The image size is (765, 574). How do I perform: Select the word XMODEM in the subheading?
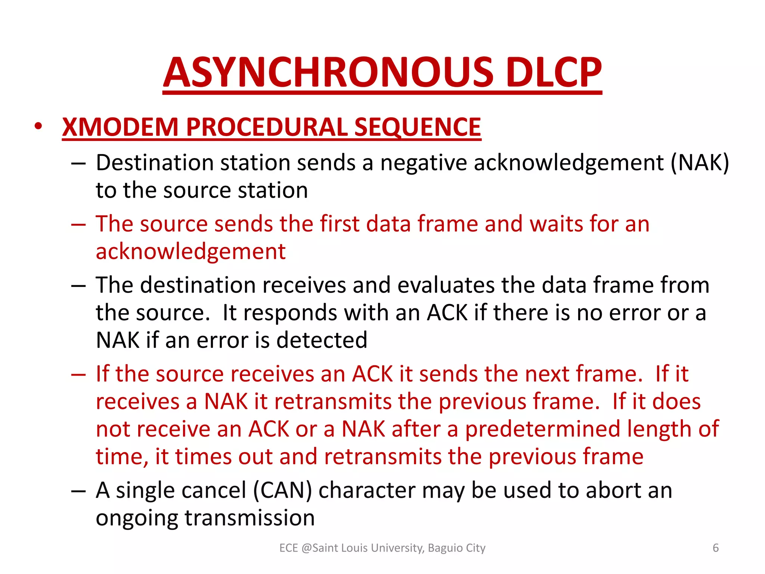120,127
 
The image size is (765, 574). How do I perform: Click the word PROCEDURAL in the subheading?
267,127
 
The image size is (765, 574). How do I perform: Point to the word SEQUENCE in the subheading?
418,127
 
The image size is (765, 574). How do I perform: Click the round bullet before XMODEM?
38,126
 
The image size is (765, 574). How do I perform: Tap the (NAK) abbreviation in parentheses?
700,163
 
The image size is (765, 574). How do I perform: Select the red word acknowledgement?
191,251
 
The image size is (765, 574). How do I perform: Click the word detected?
322,340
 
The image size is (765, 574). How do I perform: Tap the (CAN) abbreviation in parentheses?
282,491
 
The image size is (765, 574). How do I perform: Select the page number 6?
716,548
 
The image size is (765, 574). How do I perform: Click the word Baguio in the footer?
440,548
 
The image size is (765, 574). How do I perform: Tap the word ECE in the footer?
288,548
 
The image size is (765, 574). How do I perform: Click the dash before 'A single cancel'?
78,491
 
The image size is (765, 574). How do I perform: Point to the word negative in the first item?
424,163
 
